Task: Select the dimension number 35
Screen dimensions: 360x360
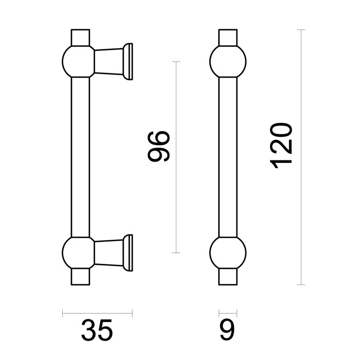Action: click(x=97, y=331)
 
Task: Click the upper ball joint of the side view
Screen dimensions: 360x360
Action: click(x=78, y=61)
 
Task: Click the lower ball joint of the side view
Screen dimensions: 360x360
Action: click(x=78, y=252)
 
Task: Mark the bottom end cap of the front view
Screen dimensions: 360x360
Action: click(x=228, y=276)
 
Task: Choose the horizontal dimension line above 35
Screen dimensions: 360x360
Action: click(x=97, y=312)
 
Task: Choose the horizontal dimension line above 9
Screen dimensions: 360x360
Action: click(x=228, y=312)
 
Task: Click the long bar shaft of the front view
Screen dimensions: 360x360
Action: click(x=228, y=154)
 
